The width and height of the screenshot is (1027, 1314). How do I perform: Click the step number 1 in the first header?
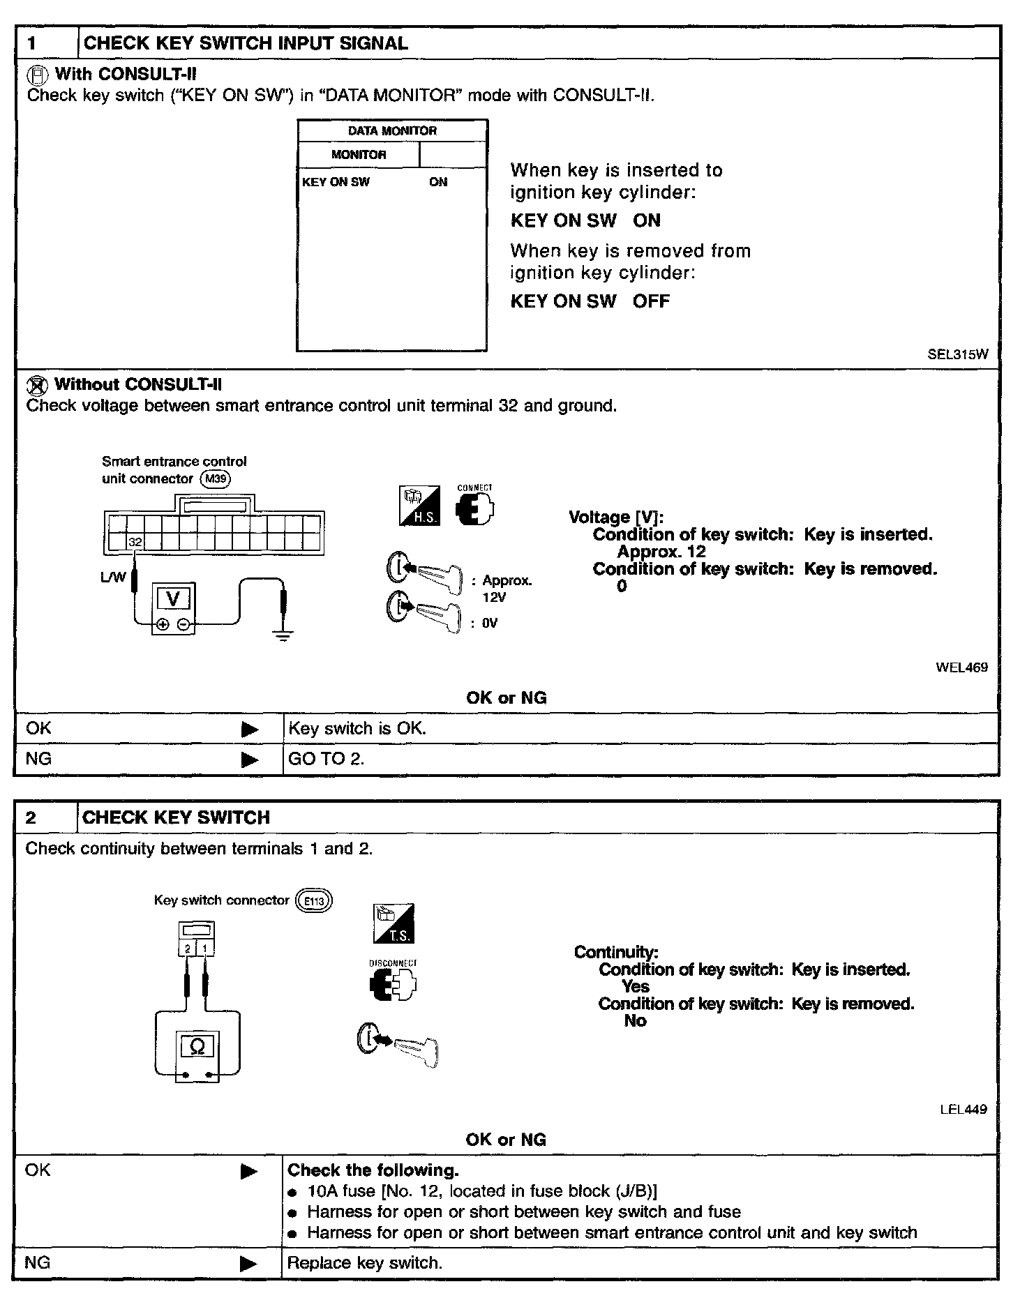tap(32, 43)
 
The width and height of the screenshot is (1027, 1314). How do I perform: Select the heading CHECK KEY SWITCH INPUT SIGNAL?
tap(246, 43)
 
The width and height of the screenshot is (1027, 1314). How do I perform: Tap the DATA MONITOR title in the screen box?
tap(392, 131)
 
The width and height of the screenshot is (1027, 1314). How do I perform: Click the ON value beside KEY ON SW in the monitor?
tap(438, 182)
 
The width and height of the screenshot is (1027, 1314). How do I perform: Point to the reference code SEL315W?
tap(957, 354)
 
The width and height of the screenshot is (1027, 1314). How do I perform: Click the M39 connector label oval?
tap(215, 479)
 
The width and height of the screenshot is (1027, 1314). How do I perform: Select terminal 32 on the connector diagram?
tap(135, 542)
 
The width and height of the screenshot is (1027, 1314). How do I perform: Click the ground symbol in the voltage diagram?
tap(283, 634)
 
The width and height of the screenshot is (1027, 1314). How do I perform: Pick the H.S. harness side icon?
tap(419, 506)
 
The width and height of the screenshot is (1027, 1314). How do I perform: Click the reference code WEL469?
tap(961, 667)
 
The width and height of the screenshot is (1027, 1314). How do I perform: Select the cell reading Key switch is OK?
tap(357, 729)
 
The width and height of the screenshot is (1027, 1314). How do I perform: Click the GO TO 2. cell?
tap(326, 759)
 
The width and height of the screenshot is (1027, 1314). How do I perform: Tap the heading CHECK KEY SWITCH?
tap(176, 817)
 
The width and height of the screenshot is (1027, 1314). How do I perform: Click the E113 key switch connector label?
tap(314, 901)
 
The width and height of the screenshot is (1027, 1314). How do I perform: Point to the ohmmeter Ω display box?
tap(197, 1046)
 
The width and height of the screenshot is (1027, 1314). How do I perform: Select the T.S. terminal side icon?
tap(393, 924)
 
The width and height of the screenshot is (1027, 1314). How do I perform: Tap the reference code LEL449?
tap(963, 1109)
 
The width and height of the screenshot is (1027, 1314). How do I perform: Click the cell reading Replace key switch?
tap(365, 1263)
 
